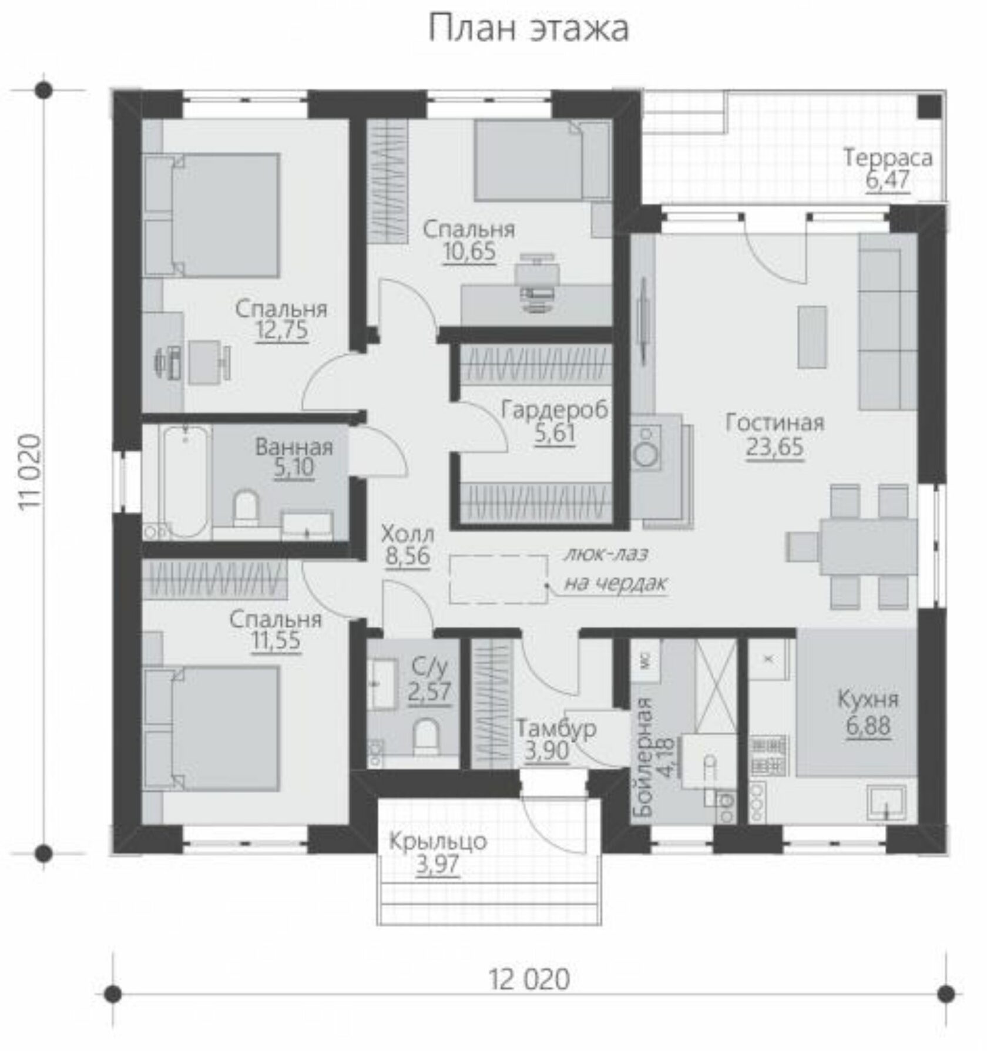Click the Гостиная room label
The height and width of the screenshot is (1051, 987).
click(x=775, y=422)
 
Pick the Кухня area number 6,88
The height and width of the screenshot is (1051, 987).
click(x=868, y=726)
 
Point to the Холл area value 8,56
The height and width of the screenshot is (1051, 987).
click(x=408, y=556)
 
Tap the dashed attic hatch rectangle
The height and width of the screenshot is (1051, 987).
click(x=499, y=579)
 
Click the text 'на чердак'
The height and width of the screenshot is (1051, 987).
click(x=616, y=583)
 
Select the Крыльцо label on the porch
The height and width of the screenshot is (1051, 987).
click(x=438, y=841)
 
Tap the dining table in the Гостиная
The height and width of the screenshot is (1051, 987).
click(x=868, y=546)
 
